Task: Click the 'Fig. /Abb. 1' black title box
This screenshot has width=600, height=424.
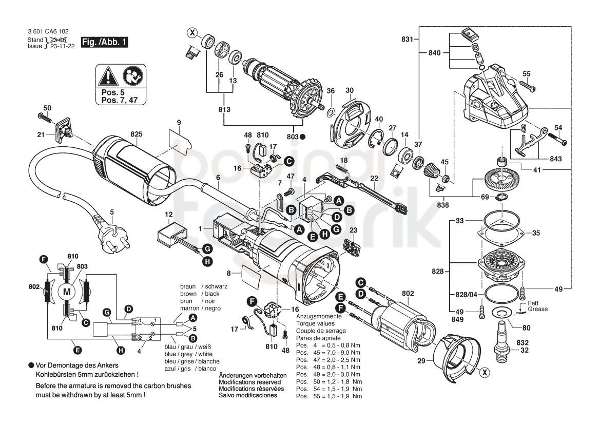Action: pos(104,42)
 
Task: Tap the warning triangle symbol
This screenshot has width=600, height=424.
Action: pos(107,76)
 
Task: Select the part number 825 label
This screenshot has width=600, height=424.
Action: pos(137,134)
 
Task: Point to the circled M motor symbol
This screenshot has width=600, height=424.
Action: pos(67,292)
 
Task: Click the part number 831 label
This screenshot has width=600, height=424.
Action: pos(407,39)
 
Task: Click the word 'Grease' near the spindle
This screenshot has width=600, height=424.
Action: pos(537,309)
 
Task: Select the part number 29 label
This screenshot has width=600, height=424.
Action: pos(421,361)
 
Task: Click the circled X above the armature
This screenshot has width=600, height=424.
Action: pos(192,33)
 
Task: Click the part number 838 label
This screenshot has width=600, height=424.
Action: pos(443,205)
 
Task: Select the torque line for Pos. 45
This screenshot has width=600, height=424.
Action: pos(328,353)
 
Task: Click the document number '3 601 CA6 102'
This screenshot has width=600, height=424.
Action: pos(48,31)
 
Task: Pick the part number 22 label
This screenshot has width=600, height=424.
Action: pos(374,178)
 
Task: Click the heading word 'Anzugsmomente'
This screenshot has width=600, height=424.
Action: pos(319,317)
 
